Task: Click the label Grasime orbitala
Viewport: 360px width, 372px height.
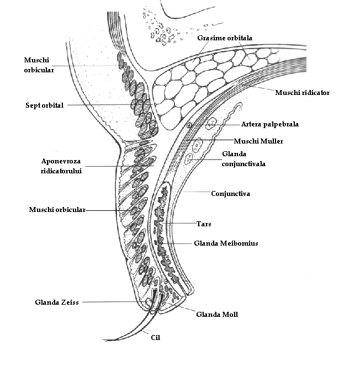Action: point(225,38)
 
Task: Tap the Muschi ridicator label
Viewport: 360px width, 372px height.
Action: point(302,93)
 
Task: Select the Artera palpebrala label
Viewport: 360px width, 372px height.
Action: point(269,124)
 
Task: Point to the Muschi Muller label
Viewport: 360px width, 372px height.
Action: point(258,141)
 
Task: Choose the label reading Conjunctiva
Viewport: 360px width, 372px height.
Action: point(231,194)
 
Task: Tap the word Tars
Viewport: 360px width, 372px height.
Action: point(204,224)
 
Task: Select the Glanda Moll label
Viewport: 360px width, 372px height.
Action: point(217,315)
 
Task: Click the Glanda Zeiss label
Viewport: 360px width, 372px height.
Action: point(56,302)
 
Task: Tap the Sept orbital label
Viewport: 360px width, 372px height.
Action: point(44,105)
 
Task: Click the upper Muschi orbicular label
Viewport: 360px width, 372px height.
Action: point(39,65)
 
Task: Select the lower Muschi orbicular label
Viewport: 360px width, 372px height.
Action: point(57,210)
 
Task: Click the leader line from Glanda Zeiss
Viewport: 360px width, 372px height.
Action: point(110,302)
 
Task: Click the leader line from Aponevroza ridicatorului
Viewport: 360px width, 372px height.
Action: point(110,166)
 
